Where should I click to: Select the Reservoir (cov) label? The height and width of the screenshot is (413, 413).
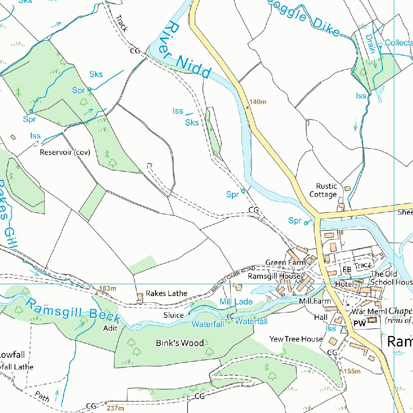coord(65,152)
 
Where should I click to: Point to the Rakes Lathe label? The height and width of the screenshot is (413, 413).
coord(166,293)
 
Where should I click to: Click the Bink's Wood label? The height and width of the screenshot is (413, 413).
coord(180,343)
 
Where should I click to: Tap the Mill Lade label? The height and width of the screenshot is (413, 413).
coord(236,302)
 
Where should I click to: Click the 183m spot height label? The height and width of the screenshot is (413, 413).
coord(108,288)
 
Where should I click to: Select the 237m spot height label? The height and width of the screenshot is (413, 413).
coord(115,408)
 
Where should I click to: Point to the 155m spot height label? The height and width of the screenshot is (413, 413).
coord(352,371)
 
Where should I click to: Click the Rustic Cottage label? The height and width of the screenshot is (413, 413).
coord(323,190)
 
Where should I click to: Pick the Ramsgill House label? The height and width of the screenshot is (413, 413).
coord(274,276)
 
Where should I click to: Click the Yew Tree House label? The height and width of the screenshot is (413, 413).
coord(296,339)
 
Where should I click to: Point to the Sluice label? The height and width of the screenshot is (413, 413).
coord(173,315)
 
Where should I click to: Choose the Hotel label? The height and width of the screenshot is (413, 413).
coord(344,284)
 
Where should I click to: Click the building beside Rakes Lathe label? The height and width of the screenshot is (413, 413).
coord(140,297)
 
